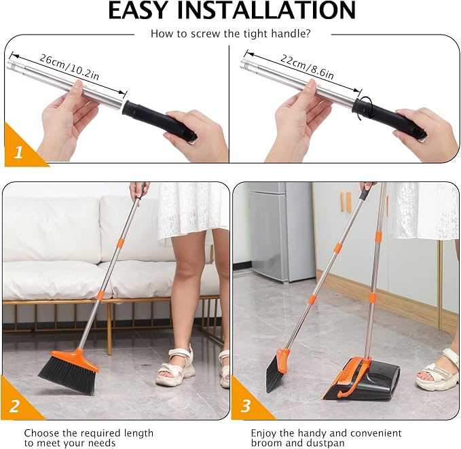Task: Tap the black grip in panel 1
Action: [x=160, y=120]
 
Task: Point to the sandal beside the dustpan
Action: [x=437, y=372]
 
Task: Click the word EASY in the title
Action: [x=137, y=10]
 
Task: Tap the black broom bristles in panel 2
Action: [x=67, y=374]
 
